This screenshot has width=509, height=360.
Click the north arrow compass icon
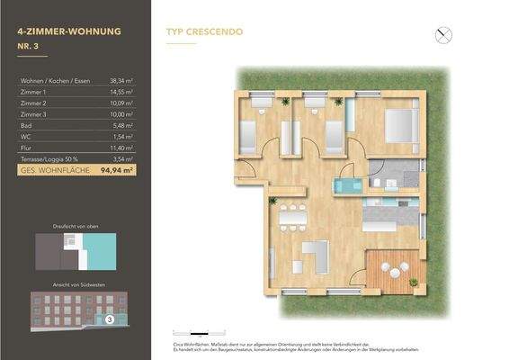pos(442,36)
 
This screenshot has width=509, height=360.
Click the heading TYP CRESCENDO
pos(203,31)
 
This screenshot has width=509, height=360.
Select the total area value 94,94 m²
pos(116,167)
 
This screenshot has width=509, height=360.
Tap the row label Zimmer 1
pos(33,92)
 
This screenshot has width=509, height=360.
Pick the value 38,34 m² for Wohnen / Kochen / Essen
pos(121,80)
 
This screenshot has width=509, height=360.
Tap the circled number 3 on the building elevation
pos(109,318)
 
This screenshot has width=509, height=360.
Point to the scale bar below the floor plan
pos(194,332)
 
